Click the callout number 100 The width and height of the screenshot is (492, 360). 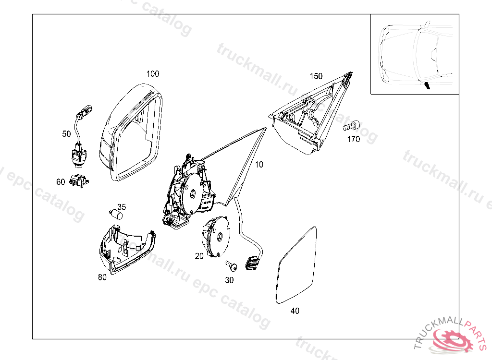[x=152, y=74]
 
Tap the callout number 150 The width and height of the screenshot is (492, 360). [x=316, y=76]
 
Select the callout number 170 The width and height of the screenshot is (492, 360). [x=353, y=140]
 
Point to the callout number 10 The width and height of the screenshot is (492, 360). [x=259, y=165]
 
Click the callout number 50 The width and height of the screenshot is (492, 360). [x=66, y=134]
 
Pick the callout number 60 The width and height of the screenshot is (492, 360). [x=61, y=182]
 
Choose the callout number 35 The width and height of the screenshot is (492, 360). [x=122, y=207]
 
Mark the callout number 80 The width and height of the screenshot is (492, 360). [x=102, y=277]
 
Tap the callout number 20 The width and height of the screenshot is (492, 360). [x=199, y=256]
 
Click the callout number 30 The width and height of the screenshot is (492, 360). [x=229, y=280]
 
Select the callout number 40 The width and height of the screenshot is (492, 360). [x=295, y=311]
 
